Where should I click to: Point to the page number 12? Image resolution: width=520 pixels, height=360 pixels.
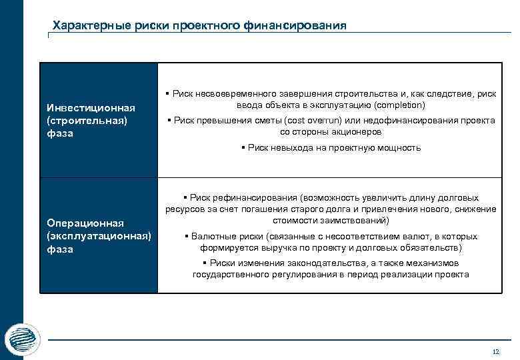[x=495, y=351]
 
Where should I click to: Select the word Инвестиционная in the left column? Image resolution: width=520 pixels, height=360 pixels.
[x=82, y=108]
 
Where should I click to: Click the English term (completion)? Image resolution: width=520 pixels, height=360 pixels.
[x=400, y=105]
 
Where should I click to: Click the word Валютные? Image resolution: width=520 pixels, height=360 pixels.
[x=212, y=237]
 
